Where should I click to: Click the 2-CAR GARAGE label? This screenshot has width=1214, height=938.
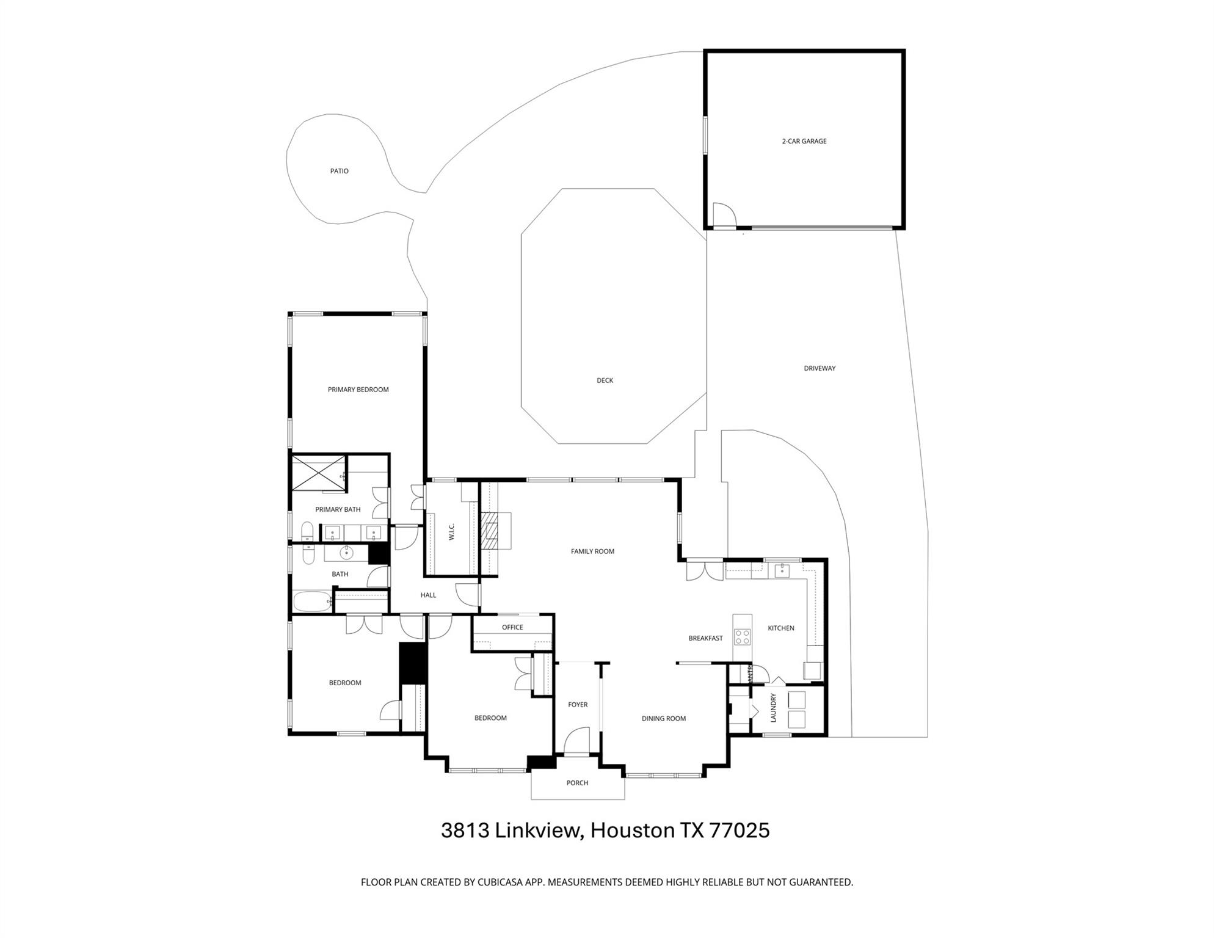[804, 141]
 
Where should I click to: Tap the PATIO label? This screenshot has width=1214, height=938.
[339, 171]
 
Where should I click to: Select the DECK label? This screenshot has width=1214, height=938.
[605, 380]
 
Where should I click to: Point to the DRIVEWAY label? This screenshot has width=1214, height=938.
[819, 368]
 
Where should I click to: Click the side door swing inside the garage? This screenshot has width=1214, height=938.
[722, 214]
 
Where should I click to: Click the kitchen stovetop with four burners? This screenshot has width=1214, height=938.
[742, 637]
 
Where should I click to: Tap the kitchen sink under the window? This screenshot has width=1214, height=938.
[782, 571]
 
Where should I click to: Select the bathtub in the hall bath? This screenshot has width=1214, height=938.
[313, 602]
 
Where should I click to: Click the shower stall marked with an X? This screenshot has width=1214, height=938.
[318, 472]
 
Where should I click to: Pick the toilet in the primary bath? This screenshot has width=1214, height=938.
[308, 531]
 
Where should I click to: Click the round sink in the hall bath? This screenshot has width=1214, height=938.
[346, 553]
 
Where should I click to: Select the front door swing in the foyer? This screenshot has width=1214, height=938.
[576, 742]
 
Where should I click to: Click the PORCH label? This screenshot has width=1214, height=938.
[577, 783]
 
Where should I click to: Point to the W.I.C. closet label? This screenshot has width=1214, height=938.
[452, 531]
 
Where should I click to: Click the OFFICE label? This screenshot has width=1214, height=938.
[512, 627]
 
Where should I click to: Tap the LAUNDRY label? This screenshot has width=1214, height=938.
[773, 707]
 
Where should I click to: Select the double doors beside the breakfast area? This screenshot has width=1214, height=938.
[704, 571]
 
